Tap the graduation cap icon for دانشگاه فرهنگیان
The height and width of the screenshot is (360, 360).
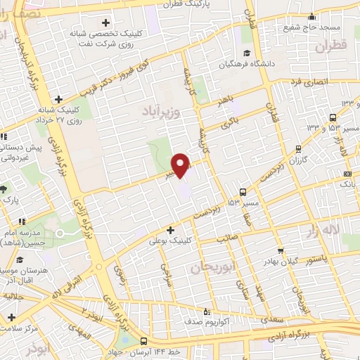coord(246,53)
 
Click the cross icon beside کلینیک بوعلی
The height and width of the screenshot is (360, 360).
coord(170,229)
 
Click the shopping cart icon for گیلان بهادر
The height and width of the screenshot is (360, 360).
coord(281,250)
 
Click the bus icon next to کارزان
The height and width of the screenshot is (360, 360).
coord(299,148)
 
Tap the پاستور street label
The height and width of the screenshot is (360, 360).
coord(314,258)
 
